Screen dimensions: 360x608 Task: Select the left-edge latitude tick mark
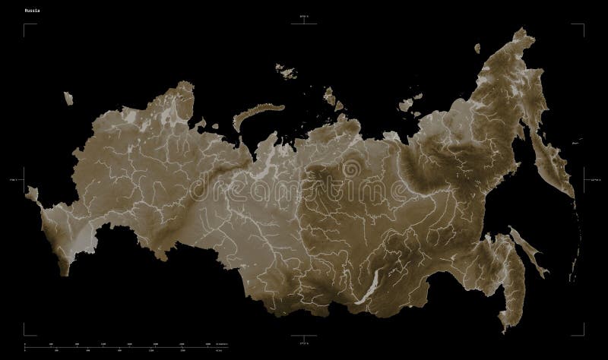tap(25, 180)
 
